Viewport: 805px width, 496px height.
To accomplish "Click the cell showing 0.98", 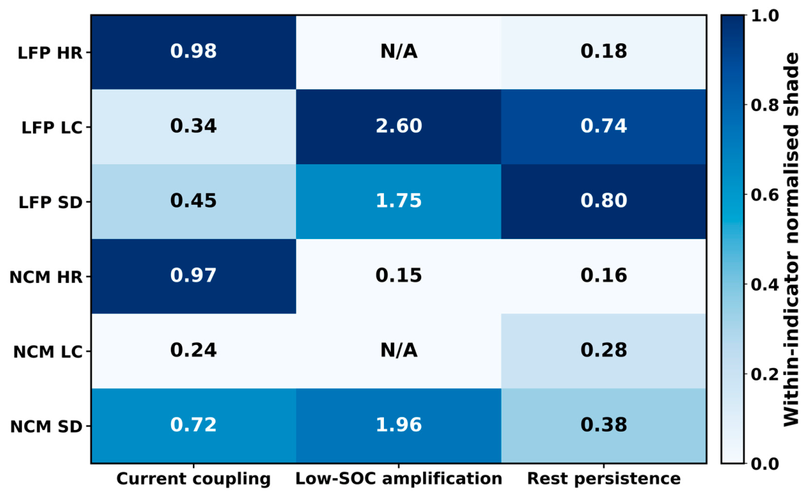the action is [194, 52].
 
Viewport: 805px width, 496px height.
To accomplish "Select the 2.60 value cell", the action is [398, 127].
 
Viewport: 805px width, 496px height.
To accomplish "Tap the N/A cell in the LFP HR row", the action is [398, 52].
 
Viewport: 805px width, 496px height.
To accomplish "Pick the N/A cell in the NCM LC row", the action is [398, 350].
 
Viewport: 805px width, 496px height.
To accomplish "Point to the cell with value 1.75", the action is [398, 201].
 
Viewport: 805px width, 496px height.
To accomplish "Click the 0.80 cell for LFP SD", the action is [604, 201].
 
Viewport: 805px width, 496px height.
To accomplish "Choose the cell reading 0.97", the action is [194, 276].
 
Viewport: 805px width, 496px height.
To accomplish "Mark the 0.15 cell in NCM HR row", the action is [398, 276].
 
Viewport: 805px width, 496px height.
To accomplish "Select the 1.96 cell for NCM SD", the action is [398, 426].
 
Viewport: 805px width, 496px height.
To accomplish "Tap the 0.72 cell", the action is [194, 426].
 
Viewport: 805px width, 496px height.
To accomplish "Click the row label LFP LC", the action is [52, 127].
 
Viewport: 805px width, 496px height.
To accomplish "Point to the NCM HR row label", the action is [46, 278].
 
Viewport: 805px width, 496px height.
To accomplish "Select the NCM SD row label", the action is [46, 427].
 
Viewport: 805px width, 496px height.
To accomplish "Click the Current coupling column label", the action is [194, 479].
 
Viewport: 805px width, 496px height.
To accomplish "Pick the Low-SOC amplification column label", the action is [398, 479].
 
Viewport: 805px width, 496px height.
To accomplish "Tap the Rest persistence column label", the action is [604, 479].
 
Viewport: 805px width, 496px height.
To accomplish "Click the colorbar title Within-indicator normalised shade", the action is [792, 239].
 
